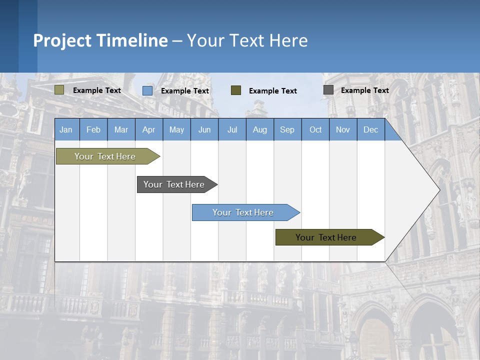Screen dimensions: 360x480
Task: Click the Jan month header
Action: (x=66, y=129)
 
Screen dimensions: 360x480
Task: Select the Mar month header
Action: (x=121, y=129)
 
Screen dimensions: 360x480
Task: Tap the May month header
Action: (x=176, y=129)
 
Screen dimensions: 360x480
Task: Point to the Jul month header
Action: (x=232, y=129)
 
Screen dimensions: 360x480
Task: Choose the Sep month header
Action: (x=287, y=129)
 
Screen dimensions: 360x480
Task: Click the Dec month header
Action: (x=370, y=129)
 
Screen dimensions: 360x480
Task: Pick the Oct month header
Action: (x=315, y=129)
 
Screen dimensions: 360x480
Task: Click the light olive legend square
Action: (x=59, y=90)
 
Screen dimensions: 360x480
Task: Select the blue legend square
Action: (x=147, y=90)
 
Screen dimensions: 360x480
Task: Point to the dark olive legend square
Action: (x=236, y=90)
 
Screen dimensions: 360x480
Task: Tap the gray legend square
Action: (x=328, y=90)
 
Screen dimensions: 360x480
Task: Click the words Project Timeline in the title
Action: (x=100, y=40)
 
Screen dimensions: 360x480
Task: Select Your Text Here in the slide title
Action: (x=247, y=40)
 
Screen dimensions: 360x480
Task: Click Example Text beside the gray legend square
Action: (x=364, y=90)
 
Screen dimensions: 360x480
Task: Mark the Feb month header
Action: (x=93, y=129)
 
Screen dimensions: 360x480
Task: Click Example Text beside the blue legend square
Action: (x=184, y=91)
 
